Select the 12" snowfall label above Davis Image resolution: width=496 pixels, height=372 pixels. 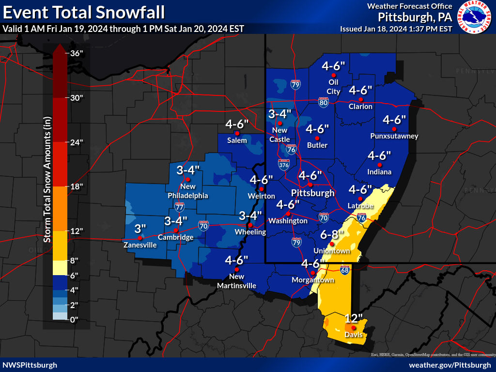point(354,318)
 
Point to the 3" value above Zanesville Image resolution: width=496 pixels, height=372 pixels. point(140,228)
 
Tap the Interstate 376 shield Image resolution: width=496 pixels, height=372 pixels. point(284,165)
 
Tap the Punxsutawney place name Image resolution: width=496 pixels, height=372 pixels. point(394,136)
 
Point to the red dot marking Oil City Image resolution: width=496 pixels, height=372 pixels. point(333,75)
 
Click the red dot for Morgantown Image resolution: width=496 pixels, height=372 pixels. point(313,273)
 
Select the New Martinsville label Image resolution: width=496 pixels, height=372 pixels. point(236,281)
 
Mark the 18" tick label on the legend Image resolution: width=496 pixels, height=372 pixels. point(77,186)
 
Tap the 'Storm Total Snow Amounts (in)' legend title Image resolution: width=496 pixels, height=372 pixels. point(47,186)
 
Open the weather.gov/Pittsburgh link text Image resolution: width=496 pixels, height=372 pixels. point(449,365)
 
